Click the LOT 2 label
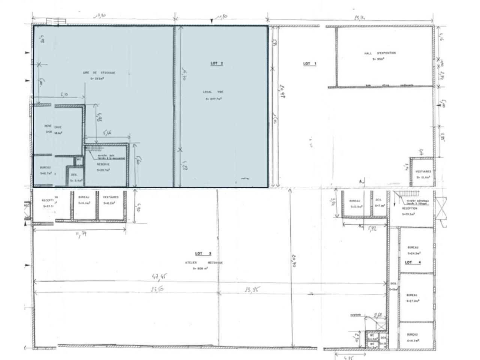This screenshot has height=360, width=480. pos(217,64)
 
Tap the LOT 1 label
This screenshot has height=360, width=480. pos(309,64)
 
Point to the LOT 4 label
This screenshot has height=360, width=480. pos(413,262)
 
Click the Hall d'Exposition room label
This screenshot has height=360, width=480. pos(379,53)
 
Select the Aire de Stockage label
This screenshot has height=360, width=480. pos(99,73)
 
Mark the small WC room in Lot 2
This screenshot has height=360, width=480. pos(79,160)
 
